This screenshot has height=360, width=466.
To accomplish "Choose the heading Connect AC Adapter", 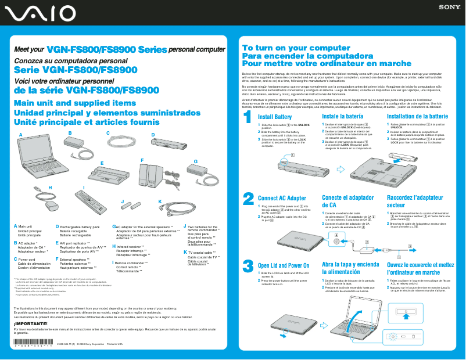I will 281,199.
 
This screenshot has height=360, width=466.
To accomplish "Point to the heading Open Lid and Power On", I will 283,265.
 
